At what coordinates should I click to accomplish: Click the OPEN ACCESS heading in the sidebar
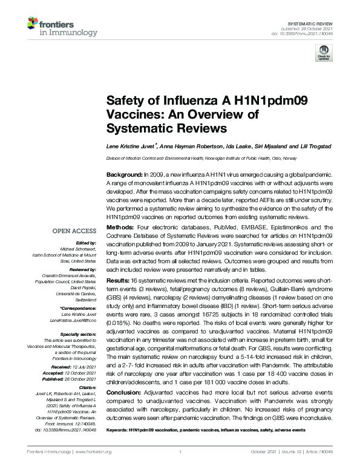click(74, 231)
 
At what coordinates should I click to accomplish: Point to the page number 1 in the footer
click(180, 451)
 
